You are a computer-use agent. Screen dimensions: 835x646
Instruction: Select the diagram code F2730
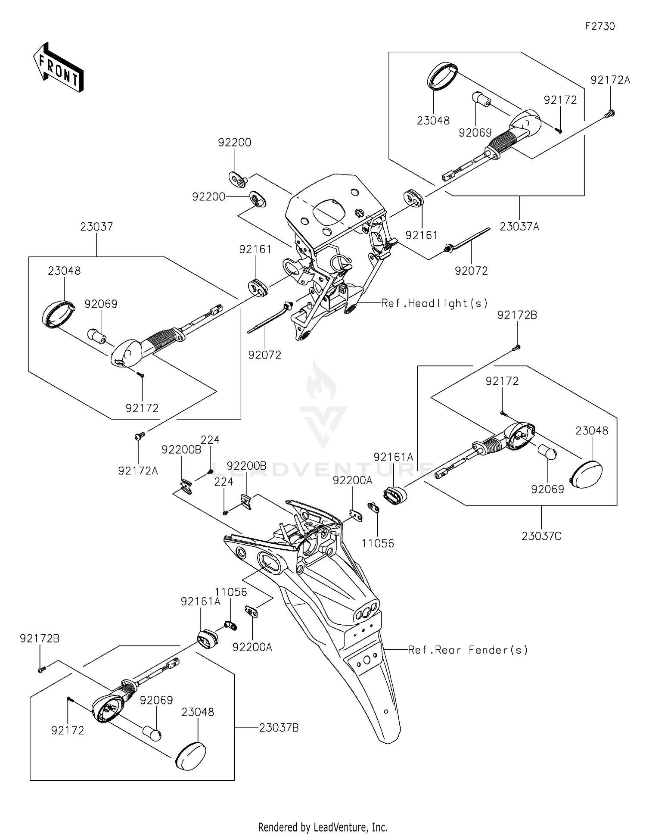[599, 26]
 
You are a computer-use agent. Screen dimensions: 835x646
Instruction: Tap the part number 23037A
[519, 226]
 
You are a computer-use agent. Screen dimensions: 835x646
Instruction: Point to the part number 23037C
[541, 536]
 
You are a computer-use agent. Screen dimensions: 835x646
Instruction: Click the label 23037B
[279, 728]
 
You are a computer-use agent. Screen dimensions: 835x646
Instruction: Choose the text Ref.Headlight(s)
[435, 303]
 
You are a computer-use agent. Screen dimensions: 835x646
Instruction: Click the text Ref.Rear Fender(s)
[468, 650]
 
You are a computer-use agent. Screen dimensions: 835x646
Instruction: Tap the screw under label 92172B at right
[518, 346]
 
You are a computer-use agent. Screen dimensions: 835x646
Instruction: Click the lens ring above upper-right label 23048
[441, 75]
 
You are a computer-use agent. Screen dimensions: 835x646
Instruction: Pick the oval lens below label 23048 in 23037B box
[191, 755]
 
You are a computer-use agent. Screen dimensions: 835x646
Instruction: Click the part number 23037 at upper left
[96, 227]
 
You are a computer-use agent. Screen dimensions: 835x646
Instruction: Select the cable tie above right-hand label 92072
[467, 239]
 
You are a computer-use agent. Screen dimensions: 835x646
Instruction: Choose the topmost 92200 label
[235, 142]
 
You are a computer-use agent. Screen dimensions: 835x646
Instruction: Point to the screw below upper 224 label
[210, 471]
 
